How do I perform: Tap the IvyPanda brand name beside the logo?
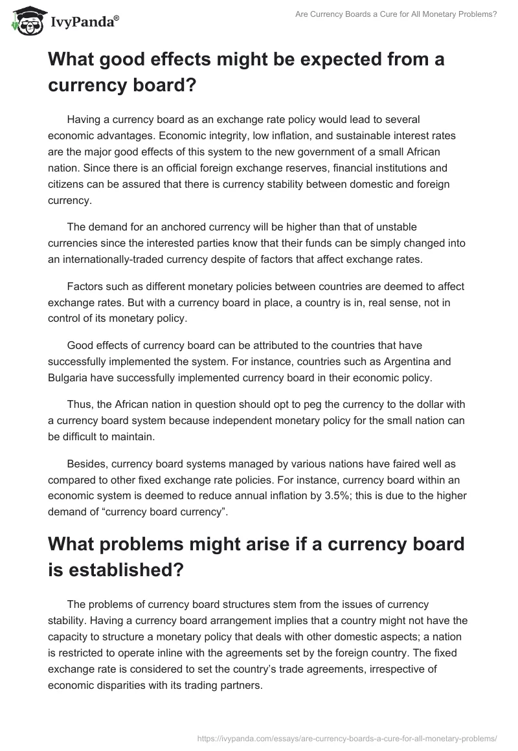tap(83, 23)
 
